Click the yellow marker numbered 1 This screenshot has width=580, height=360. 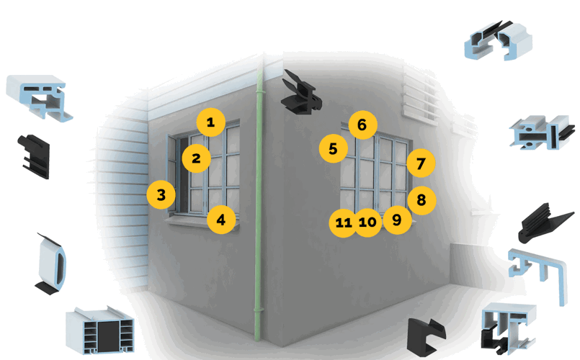coord(210,122)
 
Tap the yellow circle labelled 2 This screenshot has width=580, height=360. coord(196,157)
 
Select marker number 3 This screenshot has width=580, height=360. coord(161,194)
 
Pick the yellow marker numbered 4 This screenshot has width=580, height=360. coord(221,220)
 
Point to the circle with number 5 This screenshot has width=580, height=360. coord(333,149)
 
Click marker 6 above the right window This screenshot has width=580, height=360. coord(362,125)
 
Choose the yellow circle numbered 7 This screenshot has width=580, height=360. coord(421,163)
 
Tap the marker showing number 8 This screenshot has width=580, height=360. coord(421,201)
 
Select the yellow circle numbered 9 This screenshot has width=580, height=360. coord(396,219)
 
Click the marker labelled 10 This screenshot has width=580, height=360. coord(367,222)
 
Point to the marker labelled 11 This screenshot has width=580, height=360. coord(343,223)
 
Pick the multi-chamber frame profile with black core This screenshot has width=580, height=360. coord(101,333)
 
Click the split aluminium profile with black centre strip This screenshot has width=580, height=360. coord(539,134)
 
